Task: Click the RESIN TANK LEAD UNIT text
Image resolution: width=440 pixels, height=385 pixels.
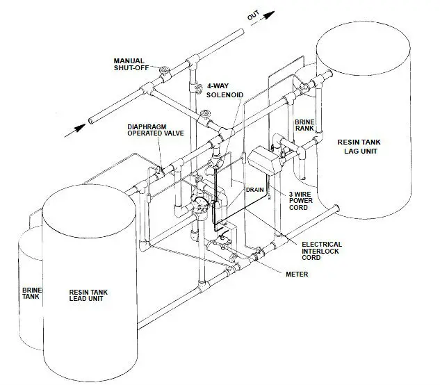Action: coord(92,297)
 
